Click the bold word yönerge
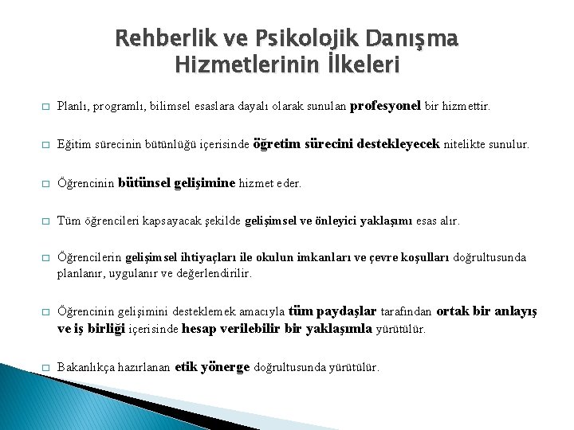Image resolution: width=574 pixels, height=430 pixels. tap(226, 367)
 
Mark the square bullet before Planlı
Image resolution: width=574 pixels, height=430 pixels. tap(45, 106)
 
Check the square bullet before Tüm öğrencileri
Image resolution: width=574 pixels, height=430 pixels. tap(45, 221)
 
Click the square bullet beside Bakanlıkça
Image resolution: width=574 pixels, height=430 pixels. tap(45, 368)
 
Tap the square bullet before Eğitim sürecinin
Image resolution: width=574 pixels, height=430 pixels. tap(45, 146)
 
